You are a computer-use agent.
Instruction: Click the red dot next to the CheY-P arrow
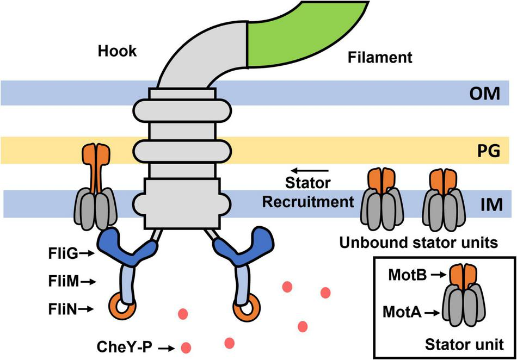[x=186, y=346]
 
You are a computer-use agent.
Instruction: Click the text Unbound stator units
[x=418, y=244]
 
